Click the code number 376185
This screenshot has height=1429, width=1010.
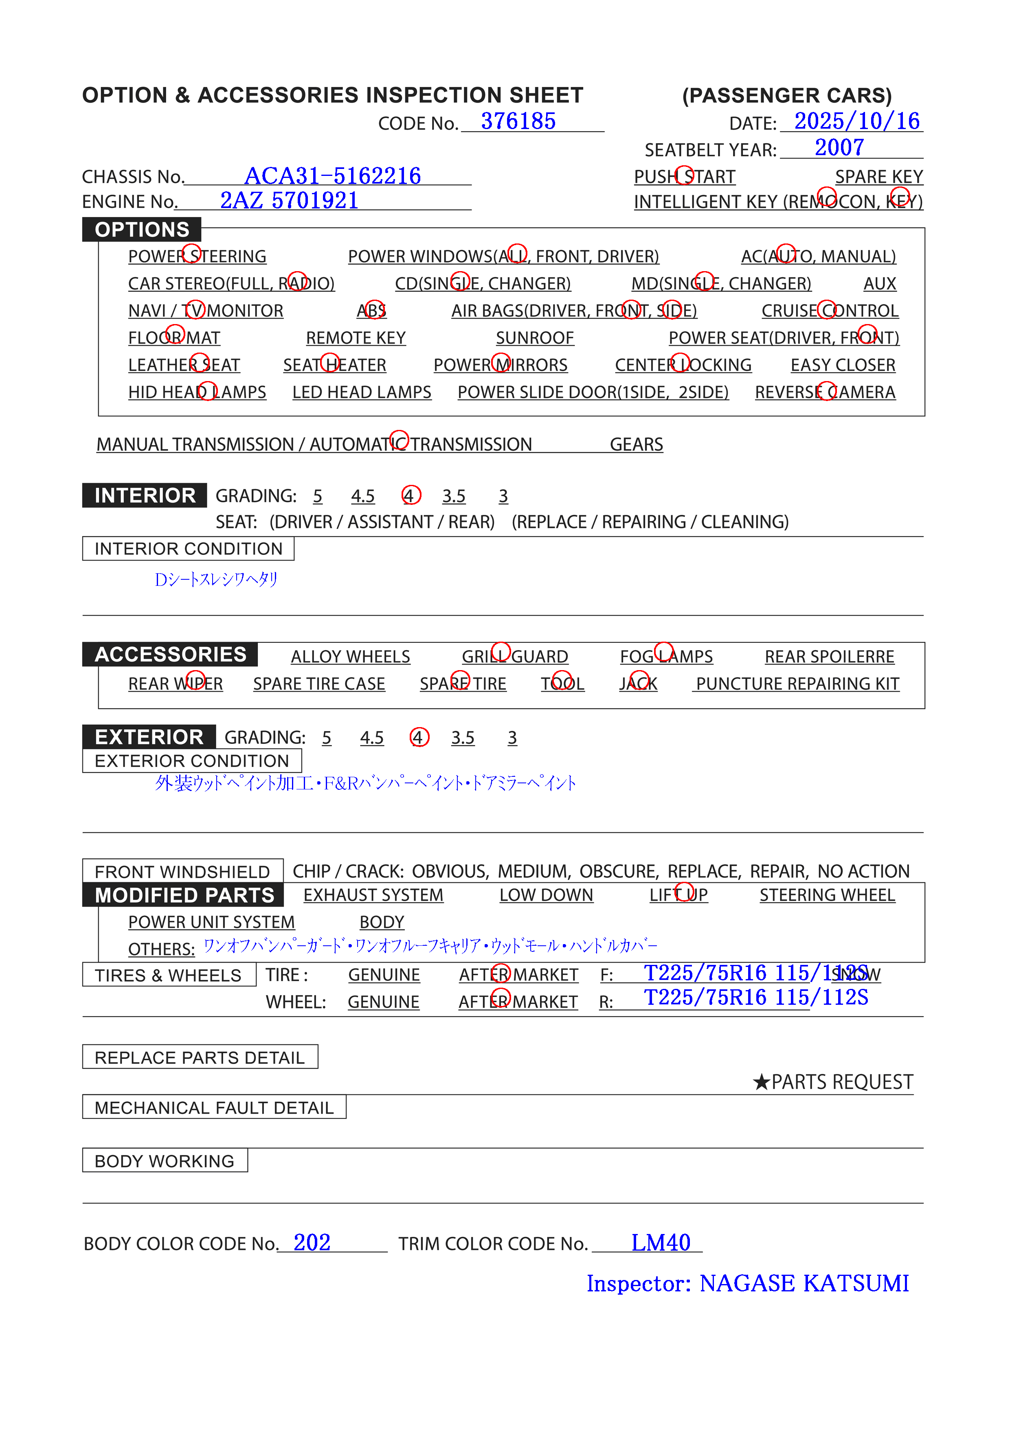click(x=518, y=121)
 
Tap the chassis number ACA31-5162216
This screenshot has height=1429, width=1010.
click(x=332, y=176)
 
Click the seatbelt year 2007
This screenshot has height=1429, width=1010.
click(x=839, y=147)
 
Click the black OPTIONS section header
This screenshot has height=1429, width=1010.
click(x=142, y=230)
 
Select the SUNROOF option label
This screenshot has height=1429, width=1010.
click(x=534, y=338)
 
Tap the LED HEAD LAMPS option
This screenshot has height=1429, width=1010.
click(x=361, y=392)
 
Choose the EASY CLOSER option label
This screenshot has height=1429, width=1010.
click(x=843, y=365)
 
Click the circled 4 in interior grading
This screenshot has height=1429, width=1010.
click(x=411, y=495)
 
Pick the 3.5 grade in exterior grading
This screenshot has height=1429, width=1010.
click(x=462, y=738)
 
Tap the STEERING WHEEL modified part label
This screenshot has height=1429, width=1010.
click(x=827, y=895)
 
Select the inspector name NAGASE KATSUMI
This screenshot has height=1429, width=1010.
click(x=804, y=1283)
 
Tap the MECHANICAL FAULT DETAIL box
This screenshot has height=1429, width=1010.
click(x=214, y=1108)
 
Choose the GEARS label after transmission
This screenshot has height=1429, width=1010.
click(x=636, y=445)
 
